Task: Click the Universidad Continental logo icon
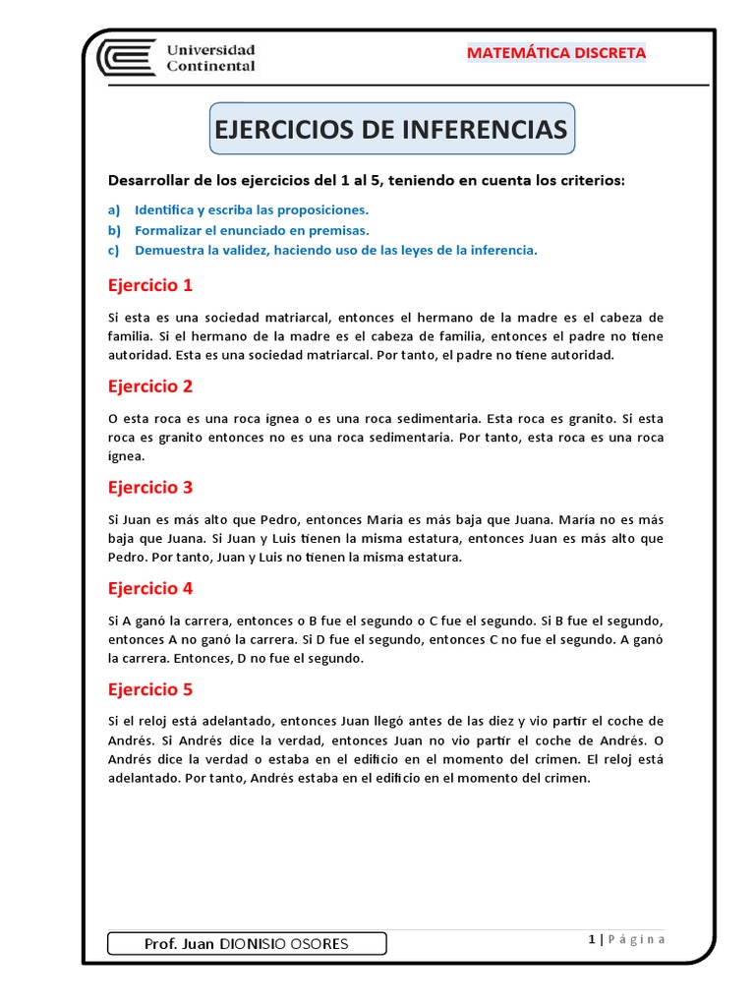pyautogui.click(x=126, y=57)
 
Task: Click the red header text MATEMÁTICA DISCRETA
pyautogui.click(x=555, y=53)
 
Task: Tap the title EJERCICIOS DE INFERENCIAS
pyautogui.click(x=390, y=131)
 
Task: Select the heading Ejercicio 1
pyautogui.click(x=150, y=285)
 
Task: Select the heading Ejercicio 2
pyautogui.click(x=150, y=385)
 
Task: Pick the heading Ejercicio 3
pyautogui.click(x=150, y=487)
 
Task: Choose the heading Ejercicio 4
pyautogui.click(x=150, y=588)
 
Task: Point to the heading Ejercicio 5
pyautogui.click(x=150, y=688)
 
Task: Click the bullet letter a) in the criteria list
pyautogui.click(x=114, y=209)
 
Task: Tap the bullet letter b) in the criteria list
pyautogui.click(x=114, y=230)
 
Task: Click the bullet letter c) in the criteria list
pyautogui.click(x=114, y=250)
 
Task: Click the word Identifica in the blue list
pyautogui.click(x=162, y=209)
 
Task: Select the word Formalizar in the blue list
pyautogui.click(x=169, y=230)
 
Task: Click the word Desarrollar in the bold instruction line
pyautogui.click(x=150, y=181)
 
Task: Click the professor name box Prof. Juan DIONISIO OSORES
pyautogui.click(x=246, y=944)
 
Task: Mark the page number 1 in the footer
pyautogui.click(x=592, y=939)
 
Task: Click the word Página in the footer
pyautogui.click(x=637, y=939)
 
